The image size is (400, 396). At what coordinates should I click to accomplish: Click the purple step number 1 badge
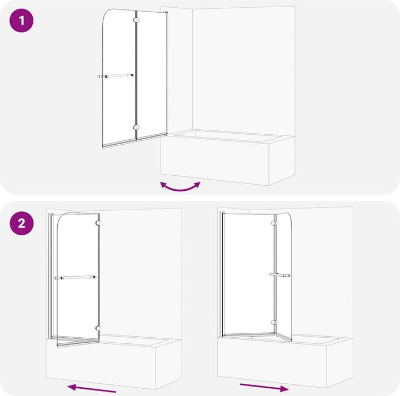[x=22, y=22]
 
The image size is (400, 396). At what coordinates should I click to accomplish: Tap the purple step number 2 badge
[x=22, y=224]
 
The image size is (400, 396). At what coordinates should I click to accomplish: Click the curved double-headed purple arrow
[x=180, y=186]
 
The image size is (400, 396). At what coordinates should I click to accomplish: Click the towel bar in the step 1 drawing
[x=116, y=75]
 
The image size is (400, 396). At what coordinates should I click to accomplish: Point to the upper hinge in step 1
[x=135, y=21]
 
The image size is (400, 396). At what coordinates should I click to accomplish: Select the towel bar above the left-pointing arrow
[x=75, y=277]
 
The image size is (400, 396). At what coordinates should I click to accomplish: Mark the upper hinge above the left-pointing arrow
[x=98, y=224]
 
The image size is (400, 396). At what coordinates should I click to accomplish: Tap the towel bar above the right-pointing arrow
[x=279, y=275]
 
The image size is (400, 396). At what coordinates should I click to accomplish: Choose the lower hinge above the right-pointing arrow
[x=273, y=322]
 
